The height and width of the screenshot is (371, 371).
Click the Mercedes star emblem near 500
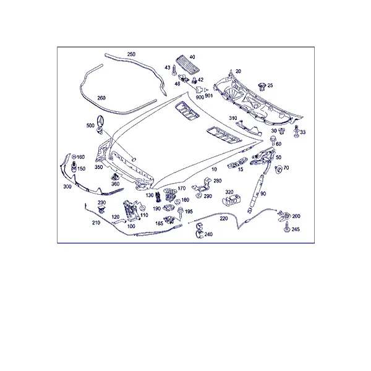pos(100,122)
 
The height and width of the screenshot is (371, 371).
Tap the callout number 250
pos(131,54)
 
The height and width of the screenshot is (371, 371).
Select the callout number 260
pos(101,98)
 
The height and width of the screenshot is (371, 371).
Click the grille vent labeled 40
pos(188,64)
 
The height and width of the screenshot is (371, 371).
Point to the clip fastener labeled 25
pos(262,87)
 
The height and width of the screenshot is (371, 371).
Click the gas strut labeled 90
pos(257,192)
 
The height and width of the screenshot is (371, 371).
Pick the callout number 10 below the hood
pos(214,169)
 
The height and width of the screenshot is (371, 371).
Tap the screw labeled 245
pos(286,227)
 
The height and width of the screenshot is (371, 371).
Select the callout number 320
pos(229,192)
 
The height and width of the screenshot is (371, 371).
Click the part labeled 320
pos(232,200)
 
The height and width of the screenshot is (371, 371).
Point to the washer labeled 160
pos(74,156)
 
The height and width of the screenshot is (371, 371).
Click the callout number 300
pos(67,187)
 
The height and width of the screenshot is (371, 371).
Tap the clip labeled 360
pos(115,176)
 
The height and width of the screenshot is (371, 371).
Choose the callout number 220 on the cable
pos(224,218)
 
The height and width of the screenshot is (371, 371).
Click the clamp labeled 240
pos(199,231)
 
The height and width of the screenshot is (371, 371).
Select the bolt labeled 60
pos(272,141)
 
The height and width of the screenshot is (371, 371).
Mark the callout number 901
pos(209,96)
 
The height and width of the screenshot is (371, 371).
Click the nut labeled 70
pos(278,169)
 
